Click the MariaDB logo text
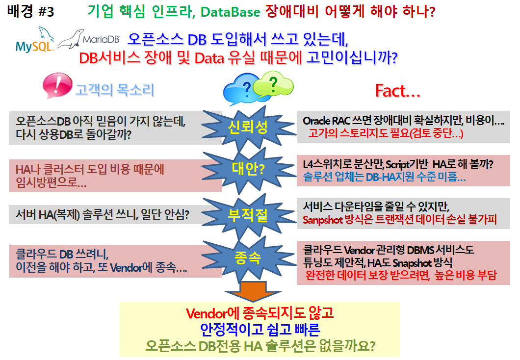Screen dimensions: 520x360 point(101,39)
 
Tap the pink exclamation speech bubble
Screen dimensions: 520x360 point(57,85)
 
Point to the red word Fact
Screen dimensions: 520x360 point(397,91)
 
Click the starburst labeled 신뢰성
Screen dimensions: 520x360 point(248,128)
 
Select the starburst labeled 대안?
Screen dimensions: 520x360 point(248,170)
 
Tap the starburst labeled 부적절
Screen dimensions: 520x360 point(248,215)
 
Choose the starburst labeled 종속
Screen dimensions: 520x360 point(248,258)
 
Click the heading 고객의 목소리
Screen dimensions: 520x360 point(115,90)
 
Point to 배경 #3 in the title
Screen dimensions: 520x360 point(30,12)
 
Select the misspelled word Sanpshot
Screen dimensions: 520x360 point(322,220)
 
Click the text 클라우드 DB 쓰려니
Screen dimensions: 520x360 point(62,254)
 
